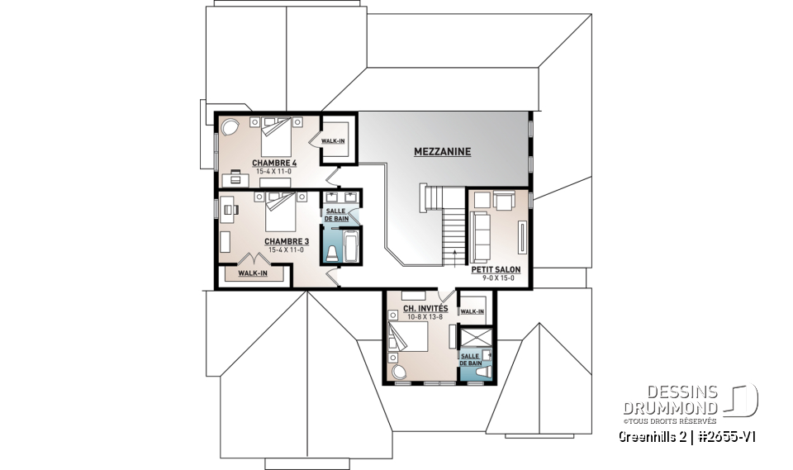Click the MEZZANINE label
coord(442,152)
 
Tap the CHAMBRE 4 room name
coord(275,163)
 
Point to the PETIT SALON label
coord(496,269)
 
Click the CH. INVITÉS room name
coord(425,308)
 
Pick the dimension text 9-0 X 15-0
coord(498,278)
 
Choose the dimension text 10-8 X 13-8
coord(425,316)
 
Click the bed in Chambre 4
coord(277,135)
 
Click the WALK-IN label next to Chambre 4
coord(334,141)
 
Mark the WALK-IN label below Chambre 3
coord(253,273)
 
